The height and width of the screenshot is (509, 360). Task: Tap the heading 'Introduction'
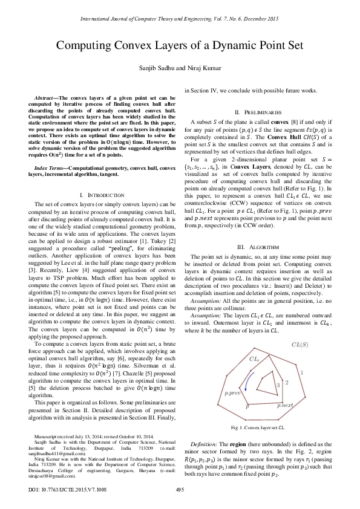96,179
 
